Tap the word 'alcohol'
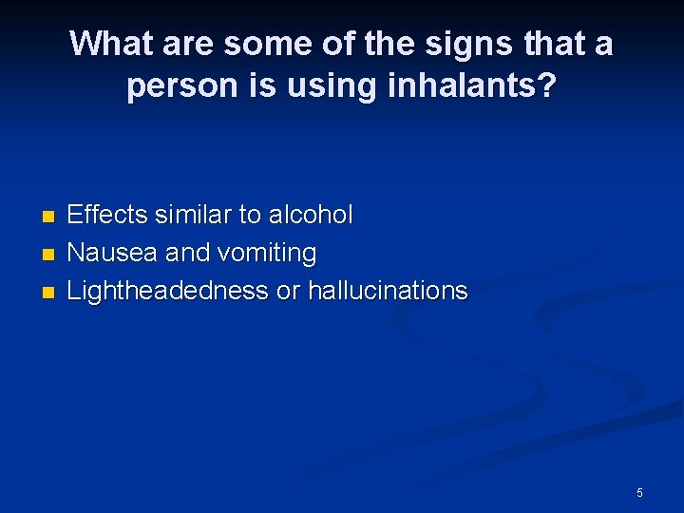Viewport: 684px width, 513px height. pyautogui.click(x=311, y=216)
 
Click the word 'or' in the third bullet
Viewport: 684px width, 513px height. pyautogui.click(x=286, y=291)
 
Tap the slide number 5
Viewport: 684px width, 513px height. pyautogui.click(x=639, y=492)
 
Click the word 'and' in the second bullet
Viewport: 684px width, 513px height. pyautogui.click(x=187, y=254)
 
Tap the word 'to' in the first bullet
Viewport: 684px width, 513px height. pyautogui.click(x=249, y=216)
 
